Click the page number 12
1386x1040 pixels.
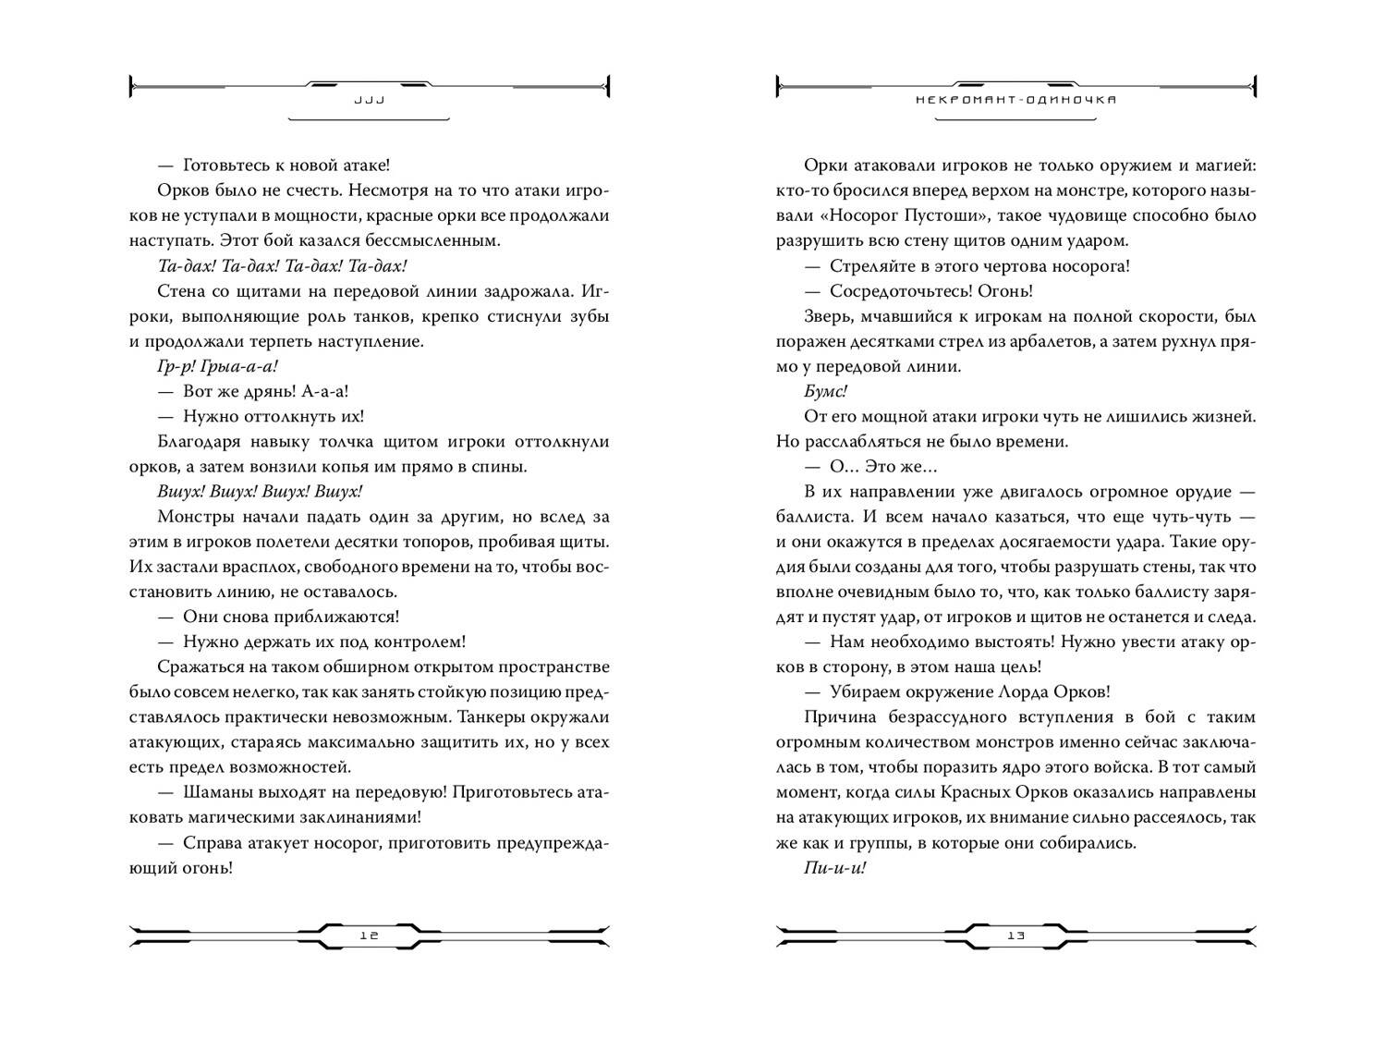click(369, 935)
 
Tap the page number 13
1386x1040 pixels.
click(1016, 935)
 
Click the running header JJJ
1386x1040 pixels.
click(369, 100)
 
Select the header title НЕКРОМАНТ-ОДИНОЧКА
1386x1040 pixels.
click(1016, 100)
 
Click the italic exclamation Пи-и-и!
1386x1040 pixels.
click(835, 868)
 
